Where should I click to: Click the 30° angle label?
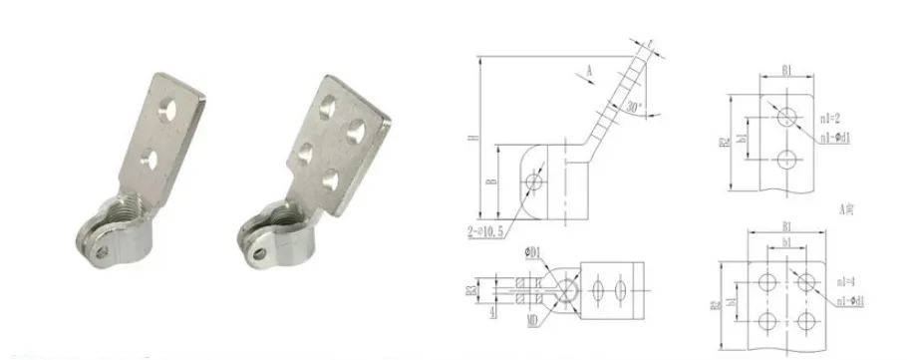(x=632, y=108)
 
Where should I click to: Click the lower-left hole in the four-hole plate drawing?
(x=766, y=319)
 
